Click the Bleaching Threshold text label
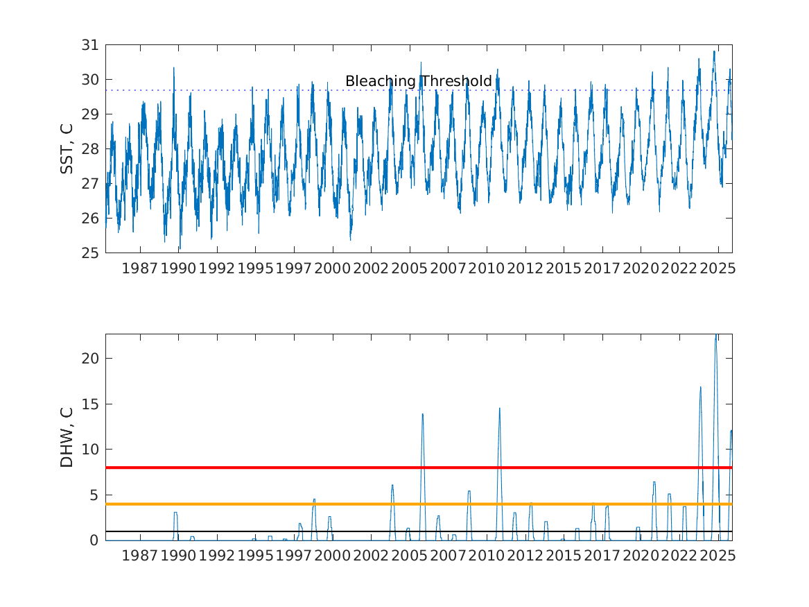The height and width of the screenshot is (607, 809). point(418,81)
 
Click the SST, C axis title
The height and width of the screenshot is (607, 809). point(67,148)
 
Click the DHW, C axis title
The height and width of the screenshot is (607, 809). point(67,437)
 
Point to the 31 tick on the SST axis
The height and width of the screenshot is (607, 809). point(90,45)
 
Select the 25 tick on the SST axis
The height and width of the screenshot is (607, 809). point(90,253)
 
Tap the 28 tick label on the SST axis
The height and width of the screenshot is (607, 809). point(90,149)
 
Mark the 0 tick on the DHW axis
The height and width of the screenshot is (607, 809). point(96,540)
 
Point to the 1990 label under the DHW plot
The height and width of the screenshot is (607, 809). point(179,556)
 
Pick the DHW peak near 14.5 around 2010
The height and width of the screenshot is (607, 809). point(499,409)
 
